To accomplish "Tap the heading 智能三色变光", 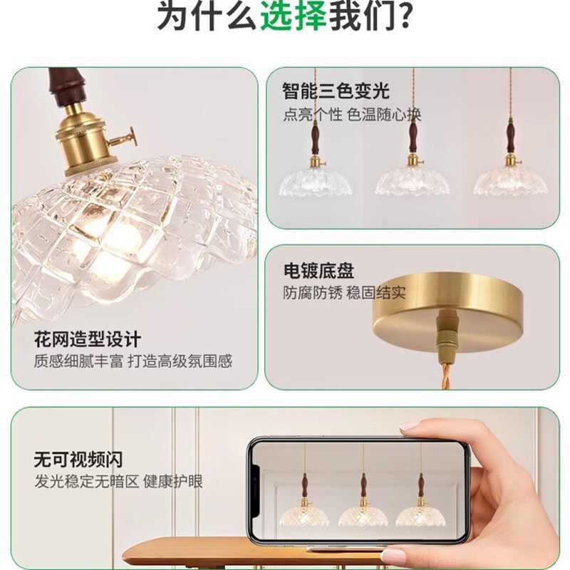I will coord(336,91).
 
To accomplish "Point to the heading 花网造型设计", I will coord(87,338).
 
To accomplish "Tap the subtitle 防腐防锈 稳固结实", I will coord(344,293).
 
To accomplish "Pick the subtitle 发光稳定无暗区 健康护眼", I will coord(118,482).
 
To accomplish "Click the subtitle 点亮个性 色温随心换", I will coord(352,114).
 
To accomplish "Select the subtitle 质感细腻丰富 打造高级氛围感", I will coord(133,361).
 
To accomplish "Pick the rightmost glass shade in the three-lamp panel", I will coord(510,181).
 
